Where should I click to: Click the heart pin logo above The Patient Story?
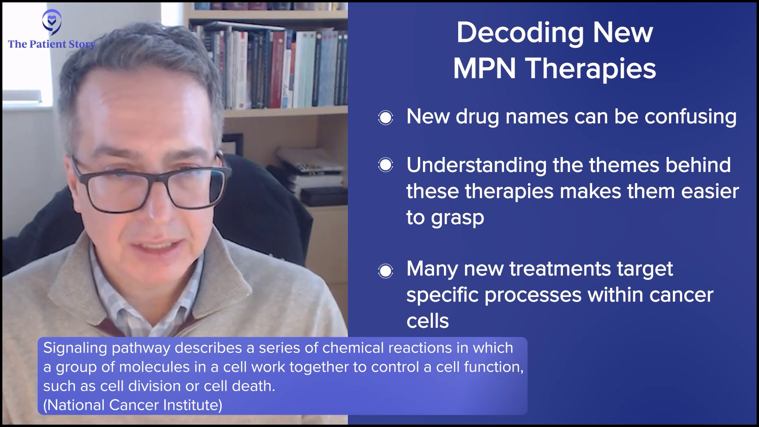(52, 23)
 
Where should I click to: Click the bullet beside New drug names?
(385, 117)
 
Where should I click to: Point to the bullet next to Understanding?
(385, 165)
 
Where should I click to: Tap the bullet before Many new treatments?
(385, 271)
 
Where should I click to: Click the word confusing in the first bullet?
(691, 117)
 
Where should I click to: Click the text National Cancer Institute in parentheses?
(132, 405)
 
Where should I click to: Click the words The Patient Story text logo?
(52, 44)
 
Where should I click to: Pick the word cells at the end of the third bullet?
(428, 321)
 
